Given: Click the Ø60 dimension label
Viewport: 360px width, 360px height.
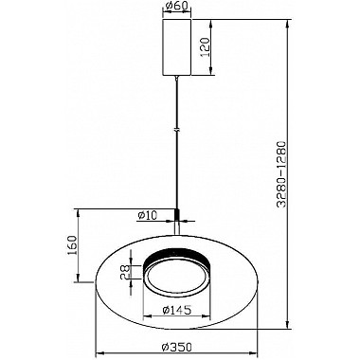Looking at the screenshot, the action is point(176,6).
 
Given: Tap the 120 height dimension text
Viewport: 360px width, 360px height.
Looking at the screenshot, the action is point(206,47).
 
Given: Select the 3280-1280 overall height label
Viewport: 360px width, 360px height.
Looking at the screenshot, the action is point(281,174).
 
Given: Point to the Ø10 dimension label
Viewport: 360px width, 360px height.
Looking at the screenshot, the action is point(148,215).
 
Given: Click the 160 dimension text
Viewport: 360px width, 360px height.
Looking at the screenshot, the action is point(72,245).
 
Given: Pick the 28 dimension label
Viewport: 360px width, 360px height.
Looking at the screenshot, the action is point(125,272).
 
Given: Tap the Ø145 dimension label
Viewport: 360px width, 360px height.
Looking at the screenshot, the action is point(177,311).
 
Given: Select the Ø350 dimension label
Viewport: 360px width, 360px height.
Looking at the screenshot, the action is point(177,348).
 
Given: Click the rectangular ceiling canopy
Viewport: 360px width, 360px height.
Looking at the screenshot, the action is point(176,47).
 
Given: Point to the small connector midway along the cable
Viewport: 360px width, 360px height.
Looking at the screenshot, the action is point(177,129).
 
